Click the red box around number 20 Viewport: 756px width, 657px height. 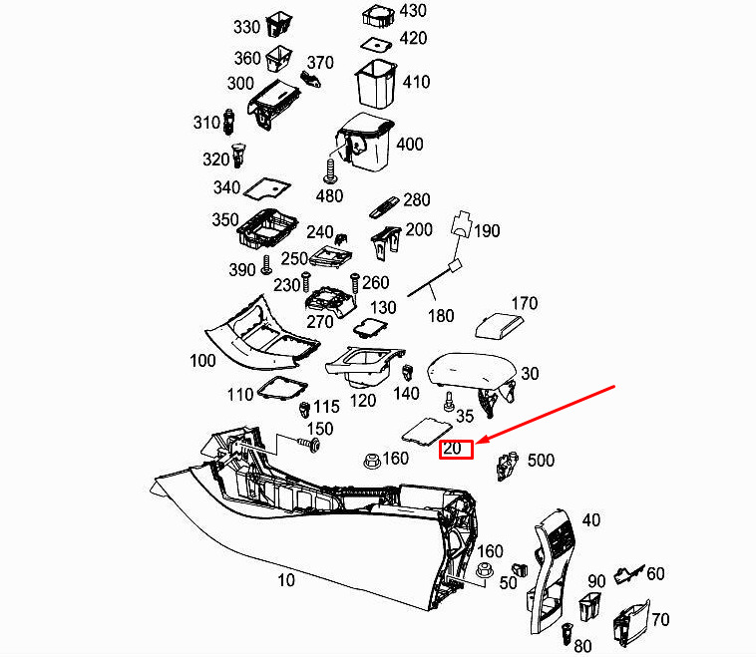pos(456,449)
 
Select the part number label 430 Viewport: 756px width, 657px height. pos(413,11)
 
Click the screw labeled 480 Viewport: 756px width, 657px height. pos(331,171)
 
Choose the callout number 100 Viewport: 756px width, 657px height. pos(202,361)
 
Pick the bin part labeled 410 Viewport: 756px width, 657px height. pos(376,84)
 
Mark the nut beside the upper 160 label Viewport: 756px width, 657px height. pos(371,461)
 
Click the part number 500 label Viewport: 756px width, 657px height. pos(541,461)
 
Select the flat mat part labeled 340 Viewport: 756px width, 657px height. pos(267,188)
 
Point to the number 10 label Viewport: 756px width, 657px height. pos(286,580)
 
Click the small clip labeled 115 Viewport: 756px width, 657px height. pos(304,410)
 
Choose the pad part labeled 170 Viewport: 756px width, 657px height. pos(499,326)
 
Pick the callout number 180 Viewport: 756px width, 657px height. pos(441,316)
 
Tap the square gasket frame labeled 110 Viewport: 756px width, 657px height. pos(282,389)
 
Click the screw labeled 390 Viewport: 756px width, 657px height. pos(266,265)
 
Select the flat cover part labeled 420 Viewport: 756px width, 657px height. pos(377,45)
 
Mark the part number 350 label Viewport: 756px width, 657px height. pos(225,219)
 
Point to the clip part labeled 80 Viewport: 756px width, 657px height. pos(567,634)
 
